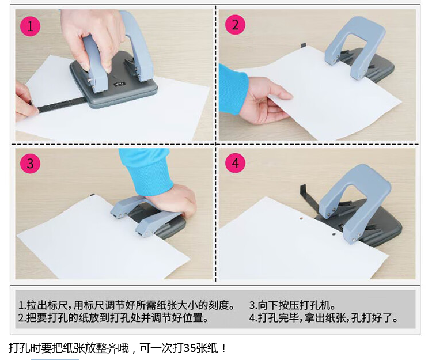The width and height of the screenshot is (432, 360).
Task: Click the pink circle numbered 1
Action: [31, 26]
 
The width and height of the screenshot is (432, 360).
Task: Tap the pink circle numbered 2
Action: [235, 25]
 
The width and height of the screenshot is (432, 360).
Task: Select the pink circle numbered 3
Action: [31, 164]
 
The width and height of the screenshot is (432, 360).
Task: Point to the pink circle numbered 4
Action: [235, 163]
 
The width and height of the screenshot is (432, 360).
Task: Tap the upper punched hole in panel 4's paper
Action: [301, 219]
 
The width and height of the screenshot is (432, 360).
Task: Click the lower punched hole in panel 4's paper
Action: [334, 234]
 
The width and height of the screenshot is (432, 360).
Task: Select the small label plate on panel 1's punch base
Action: [120, 84]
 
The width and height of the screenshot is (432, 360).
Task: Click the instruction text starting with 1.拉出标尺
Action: [127, 305]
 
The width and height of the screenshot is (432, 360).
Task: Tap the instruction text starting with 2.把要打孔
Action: [113, 317]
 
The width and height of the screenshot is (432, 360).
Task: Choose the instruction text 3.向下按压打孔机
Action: [292, 305]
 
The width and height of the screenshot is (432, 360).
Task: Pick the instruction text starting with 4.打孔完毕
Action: [324, 317]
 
